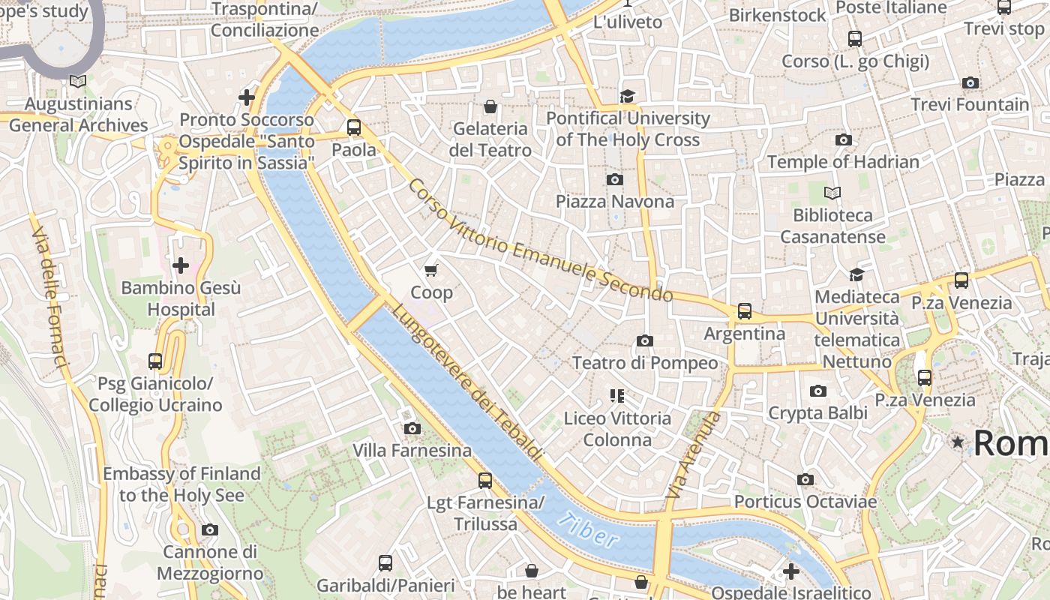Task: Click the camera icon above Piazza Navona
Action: tap(614, 179)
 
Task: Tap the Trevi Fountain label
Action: tap(970, 104)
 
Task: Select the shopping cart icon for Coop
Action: tap(430, 270)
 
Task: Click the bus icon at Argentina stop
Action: tap(744, 310)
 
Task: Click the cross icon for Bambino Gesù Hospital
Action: tap(181, 265)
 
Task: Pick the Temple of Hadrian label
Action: tap(843, 162)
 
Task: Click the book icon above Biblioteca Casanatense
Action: tap(832, 193)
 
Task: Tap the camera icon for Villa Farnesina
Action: tap(412, 428)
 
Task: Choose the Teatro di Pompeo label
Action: tap(645, 363)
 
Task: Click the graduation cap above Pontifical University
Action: tap(626, 96)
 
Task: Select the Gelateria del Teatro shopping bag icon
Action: tap(490, 107)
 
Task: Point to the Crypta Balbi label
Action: tap(817, 412)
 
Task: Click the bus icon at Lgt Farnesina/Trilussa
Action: tap(485, 480)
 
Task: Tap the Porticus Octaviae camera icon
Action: tap(805, 479)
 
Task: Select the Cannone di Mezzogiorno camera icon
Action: tap(210, 529)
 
